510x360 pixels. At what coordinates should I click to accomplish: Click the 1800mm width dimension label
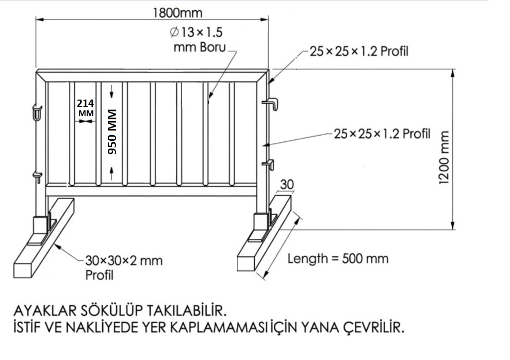[177, 13]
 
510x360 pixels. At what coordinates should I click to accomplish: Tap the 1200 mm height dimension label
[444, 157]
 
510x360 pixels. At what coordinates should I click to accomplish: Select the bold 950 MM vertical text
[112, 132]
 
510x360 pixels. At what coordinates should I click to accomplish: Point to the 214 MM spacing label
[86, 108]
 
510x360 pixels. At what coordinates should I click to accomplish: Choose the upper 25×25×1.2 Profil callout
[359, 52]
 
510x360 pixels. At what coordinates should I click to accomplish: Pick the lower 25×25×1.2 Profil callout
[382, 134]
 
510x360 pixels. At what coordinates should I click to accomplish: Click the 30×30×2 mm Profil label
[124, 268]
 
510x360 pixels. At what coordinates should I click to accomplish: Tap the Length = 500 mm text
[338, 259]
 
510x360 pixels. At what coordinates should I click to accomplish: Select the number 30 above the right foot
[287, 185]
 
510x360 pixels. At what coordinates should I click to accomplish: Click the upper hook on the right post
[271, 104]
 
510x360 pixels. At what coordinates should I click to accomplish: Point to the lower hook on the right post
[269, 164]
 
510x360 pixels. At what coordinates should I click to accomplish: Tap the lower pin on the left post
[38, 177]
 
